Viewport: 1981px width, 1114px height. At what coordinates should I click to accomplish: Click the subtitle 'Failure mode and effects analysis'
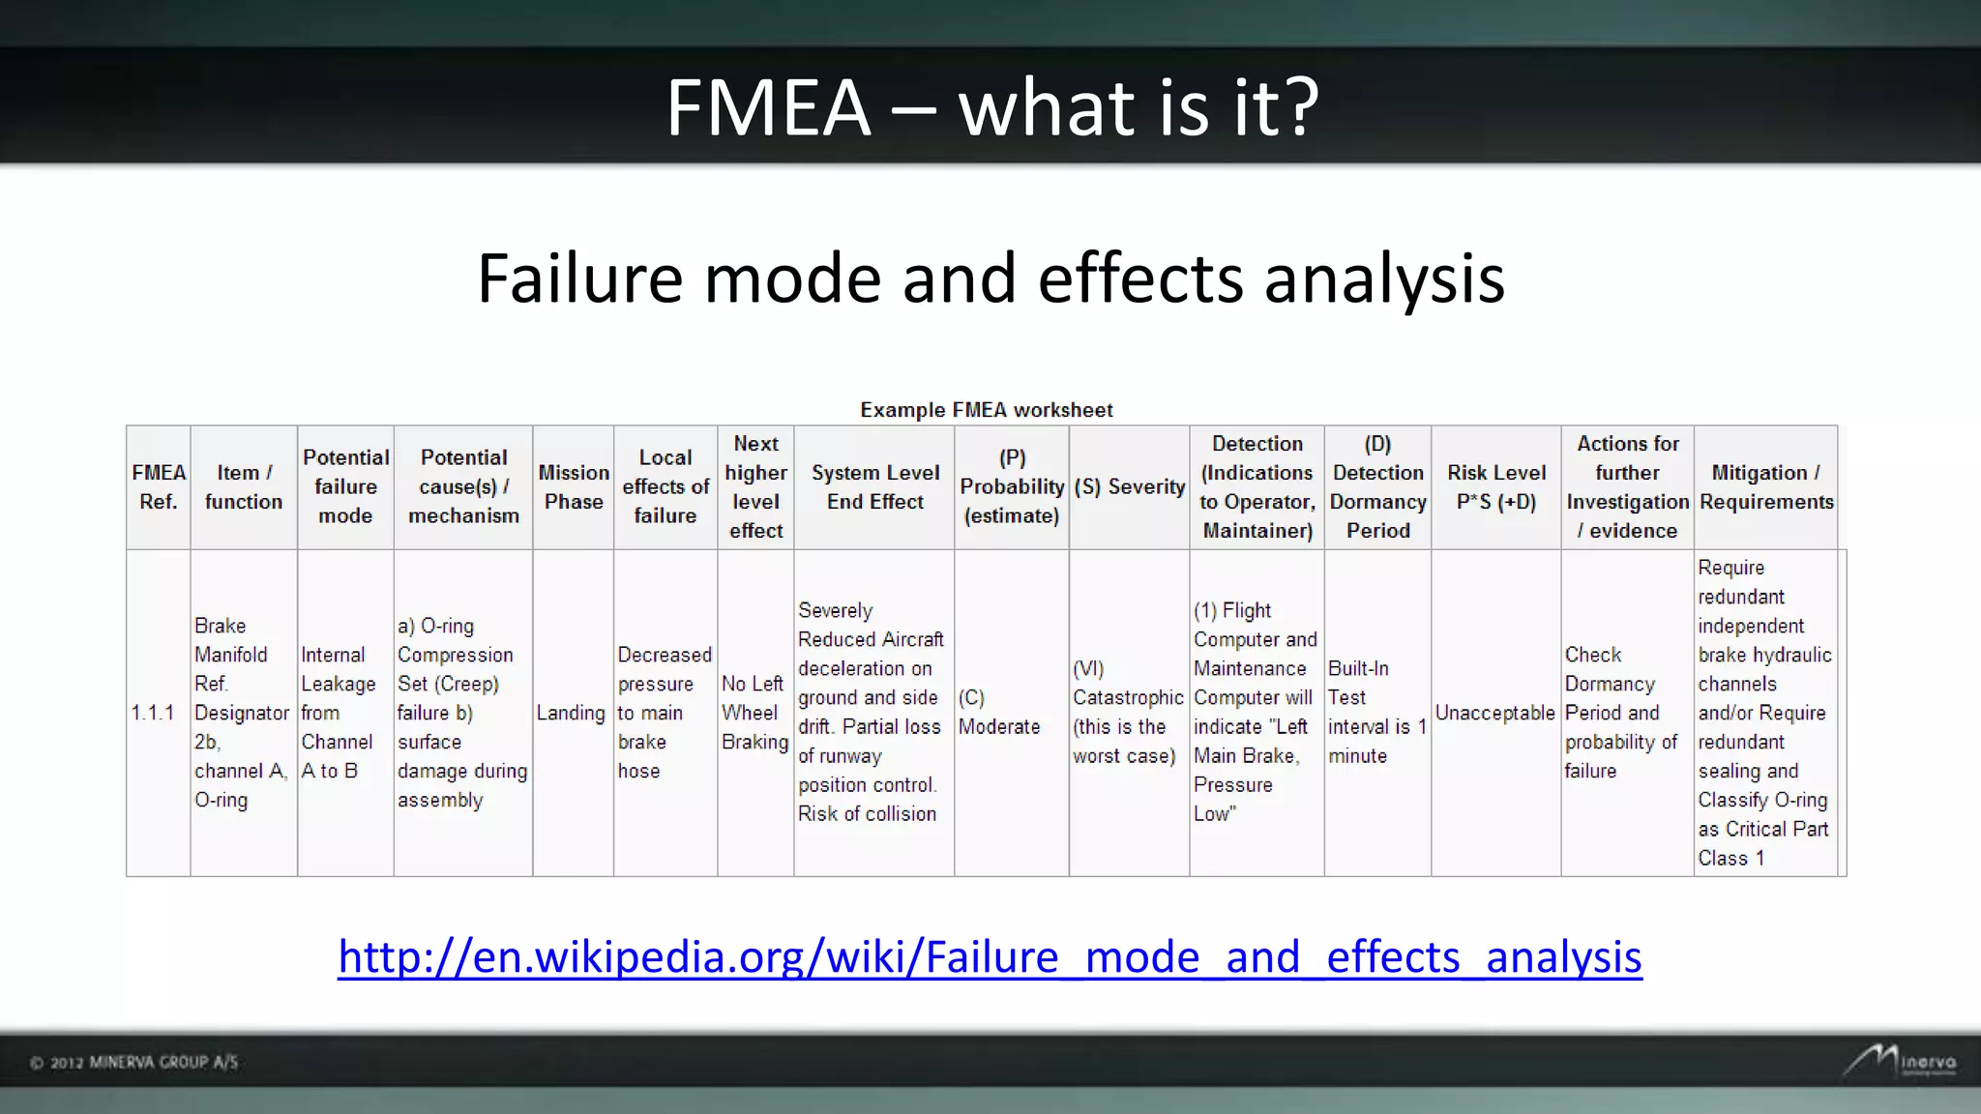point(990,278)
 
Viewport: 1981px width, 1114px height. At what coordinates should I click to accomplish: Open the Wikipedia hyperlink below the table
point(990,956)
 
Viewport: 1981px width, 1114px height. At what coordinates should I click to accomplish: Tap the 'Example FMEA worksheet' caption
point(987,410)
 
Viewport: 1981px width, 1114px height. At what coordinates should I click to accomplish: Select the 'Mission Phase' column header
point(574,487)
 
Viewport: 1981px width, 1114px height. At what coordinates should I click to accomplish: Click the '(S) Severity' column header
point(1129,487)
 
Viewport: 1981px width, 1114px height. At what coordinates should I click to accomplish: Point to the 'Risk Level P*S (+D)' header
point(1496,487)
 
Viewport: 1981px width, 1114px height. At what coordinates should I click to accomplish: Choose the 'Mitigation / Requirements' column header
point(1766,487)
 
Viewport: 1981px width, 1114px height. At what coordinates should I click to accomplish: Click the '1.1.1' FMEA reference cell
point(153,713)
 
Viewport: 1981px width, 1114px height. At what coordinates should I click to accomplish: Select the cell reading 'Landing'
point(571,713)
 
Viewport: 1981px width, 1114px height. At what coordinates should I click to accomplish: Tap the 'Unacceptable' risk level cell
point(1495,713)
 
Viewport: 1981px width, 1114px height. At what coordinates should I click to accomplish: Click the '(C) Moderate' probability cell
point(999,713)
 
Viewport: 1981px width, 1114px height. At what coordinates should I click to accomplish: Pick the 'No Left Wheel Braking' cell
point(754,713)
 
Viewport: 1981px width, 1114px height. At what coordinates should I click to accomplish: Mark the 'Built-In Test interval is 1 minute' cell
point(1376,713)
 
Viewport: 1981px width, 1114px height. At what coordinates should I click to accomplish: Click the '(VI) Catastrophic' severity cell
point(1128,713)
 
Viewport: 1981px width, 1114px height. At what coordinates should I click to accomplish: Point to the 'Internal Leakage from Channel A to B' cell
point(339,713)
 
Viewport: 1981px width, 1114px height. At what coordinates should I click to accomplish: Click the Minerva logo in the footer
point(1900,1061)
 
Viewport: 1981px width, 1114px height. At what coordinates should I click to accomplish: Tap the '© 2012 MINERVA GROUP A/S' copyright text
point(133,1063)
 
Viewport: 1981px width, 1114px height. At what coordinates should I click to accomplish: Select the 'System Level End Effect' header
point(875,487)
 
